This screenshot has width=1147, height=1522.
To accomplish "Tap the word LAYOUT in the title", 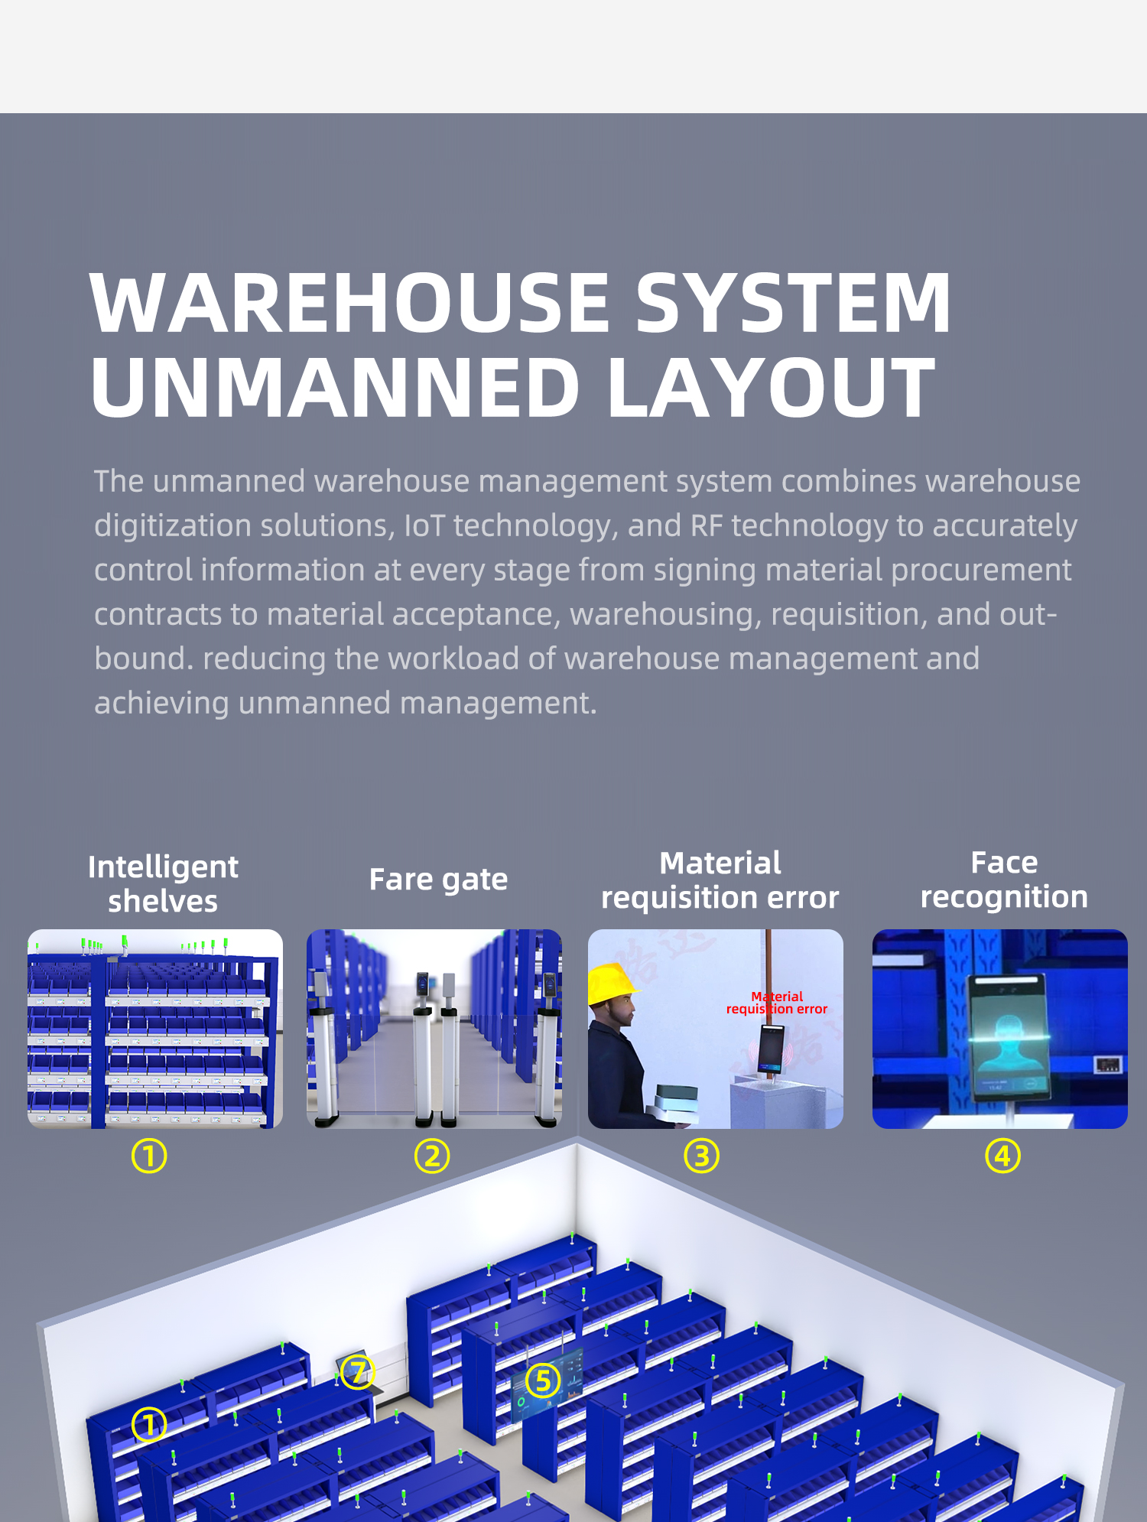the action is click(x=772, y=388).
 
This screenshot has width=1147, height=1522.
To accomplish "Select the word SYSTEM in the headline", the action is click(x=794, y=304).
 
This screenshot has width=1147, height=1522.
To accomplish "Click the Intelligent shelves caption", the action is click(x=163, y=884).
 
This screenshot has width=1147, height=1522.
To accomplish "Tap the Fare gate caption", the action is click(x=438, y=880).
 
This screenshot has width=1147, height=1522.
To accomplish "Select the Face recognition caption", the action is click(x=1004, y=880).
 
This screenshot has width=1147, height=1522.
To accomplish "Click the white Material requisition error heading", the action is click(x=720, y=880).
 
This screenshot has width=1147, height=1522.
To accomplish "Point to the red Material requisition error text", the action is click(x=777, y=1003).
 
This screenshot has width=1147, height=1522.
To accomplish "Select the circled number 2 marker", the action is click(x=432, y=1156).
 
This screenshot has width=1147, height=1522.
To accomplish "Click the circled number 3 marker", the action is click(x=701, y=1156).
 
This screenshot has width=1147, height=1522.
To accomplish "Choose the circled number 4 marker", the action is click(x=1002, y=1156).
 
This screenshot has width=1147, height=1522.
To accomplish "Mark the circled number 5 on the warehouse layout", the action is click(x=543, y=1381).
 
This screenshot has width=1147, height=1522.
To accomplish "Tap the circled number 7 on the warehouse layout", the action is click(x=357, y=1371).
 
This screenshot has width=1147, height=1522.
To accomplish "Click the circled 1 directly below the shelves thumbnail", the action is click(x=149, y=1156).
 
